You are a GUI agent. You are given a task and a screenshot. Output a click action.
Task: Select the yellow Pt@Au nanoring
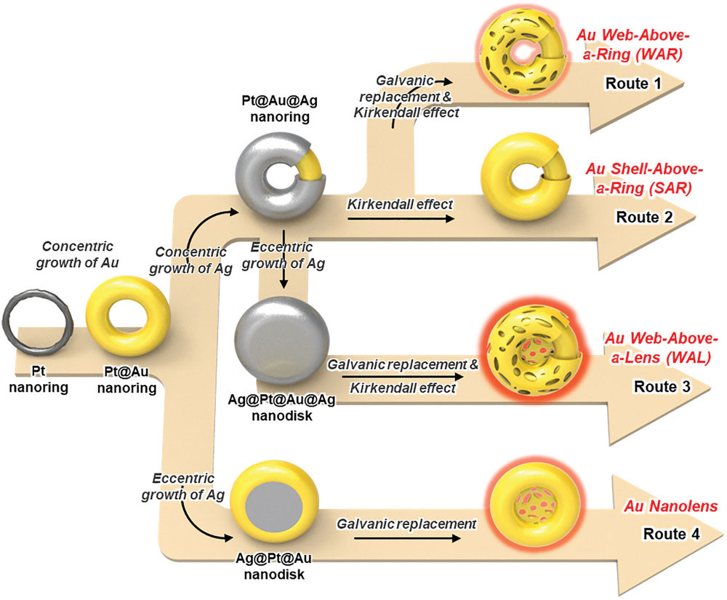[128, 317]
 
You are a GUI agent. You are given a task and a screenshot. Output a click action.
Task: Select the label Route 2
[644, 217]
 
